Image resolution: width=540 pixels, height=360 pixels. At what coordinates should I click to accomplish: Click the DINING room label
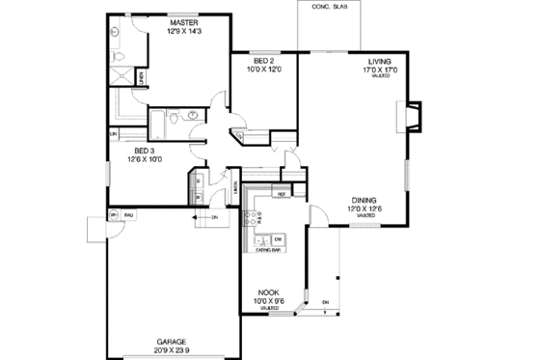click(364, 199)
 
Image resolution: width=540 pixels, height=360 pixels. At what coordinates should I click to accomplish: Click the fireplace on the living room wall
click(409, 117)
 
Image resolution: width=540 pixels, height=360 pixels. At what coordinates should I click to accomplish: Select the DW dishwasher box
click(277, 238)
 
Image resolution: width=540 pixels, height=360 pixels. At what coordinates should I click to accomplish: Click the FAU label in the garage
click(127, 214)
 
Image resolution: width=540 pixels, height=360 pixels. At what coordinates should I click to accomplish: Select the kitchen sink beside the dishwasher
click(258, 238)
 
